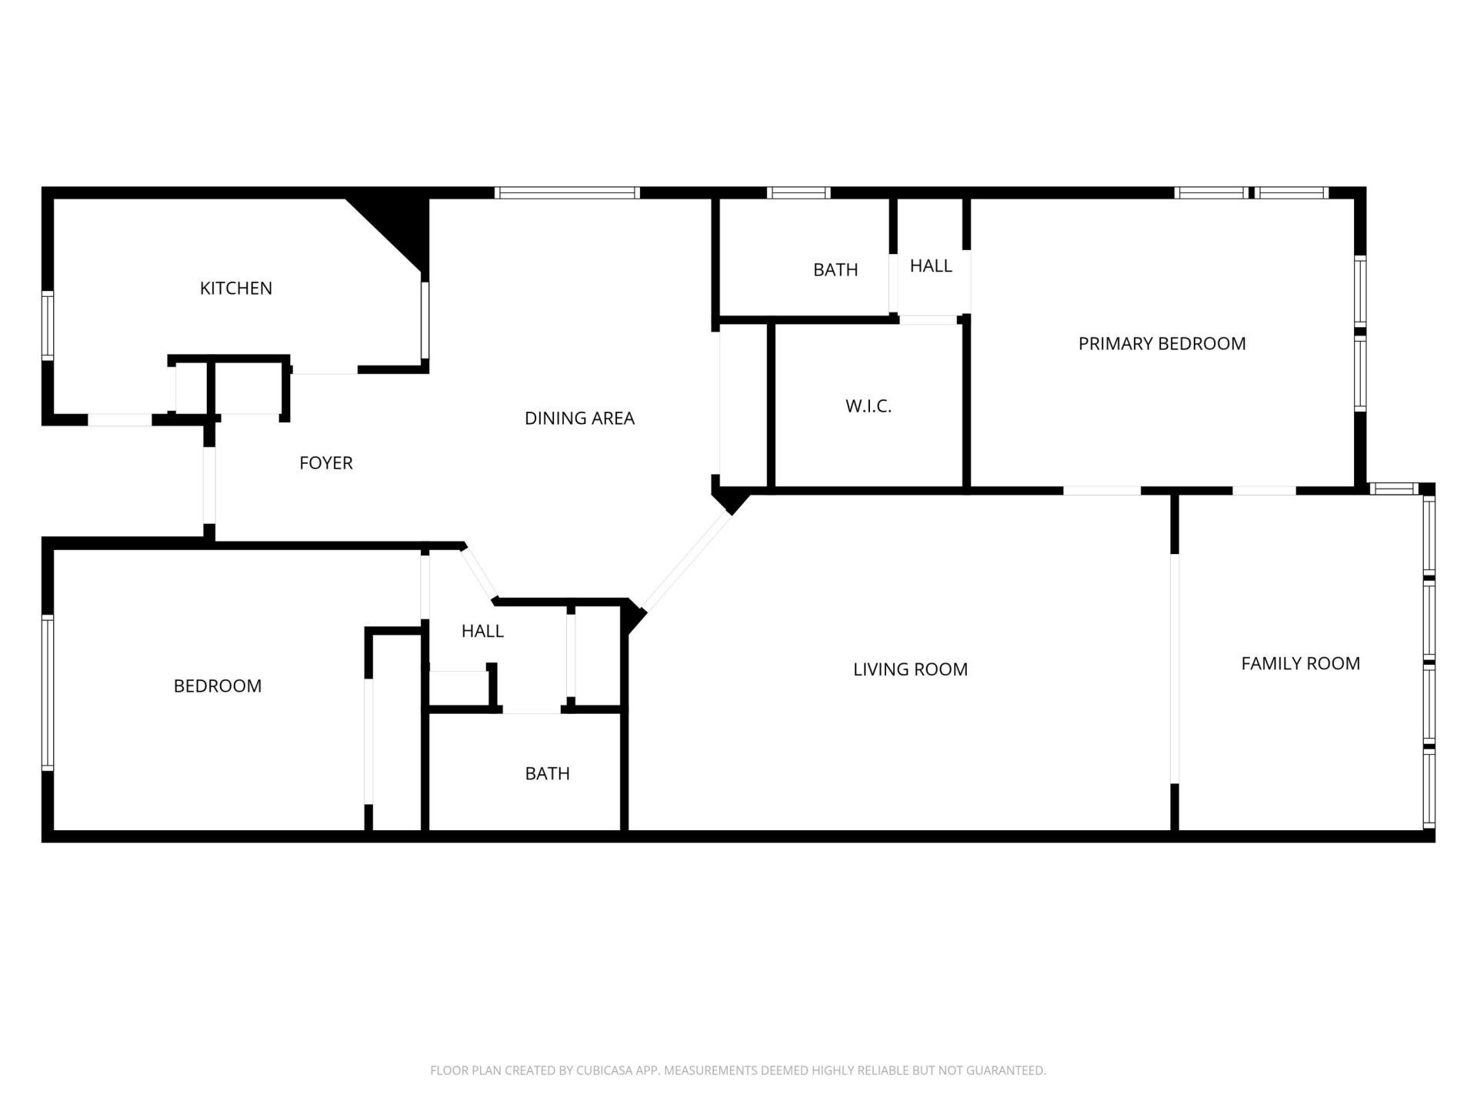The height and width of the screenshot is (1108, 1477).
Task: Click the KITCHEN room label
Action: (235, 289)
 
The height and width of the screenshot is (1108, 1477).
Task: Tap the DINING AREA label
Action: (579, 419)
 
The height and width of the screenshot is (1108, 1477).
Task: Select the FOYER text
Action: (325, 463)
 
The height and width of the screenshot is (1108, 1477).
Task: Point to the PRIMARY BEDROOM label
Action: (1162, 344)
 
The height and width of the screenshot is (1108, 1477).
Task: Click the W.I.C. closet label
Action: (869, 406)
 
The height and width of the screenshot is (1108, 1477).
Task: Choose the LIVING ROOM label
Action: (910, 669)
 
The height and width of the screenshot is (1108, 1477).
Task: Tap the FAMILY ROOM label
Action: (1300, 663)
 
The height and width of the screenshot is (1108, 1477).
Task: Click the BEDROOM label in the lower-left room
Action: (217, 686)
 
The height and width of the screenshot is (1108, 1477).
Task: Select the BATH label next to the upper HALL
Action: (835, 270)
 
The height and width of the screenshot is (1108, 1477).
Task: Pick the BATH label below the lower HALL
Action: (547, 774)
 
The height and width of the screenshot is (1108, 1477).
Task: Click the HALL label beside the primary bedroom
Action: (931, 266)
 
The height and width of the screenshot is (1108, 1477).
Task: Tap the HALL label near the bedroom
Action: (482, 632)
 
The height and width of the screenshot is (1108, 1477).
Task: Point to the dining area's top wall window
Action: (567, 193)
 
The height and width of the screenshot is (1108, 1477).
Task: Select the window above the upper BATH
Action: (799, 193)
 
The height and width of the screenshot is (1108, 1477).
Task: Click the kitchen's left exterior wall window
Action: (48, 325)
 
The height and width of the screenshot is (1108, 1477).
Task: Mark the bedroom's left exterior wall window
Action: (48, 692)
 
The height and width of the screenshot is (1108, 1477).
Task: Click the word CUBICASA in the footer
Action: (604, 1070)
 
